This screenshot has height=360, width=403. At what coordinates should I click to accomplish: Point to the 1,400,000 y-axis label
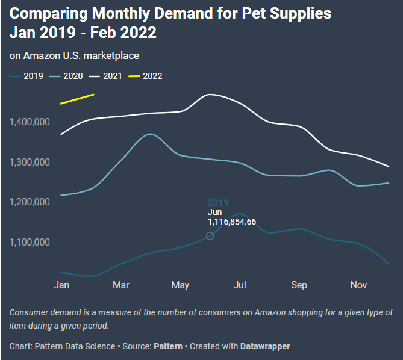pos(30,122)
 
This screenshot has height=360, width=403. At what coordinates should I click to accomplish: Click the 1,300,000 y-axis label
pos(30,162)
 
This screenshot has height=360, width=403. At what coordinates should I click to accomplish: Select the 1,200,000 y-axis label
pos(30,202)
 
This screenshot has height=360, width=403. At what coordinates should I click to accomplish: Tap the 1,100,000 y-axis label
pos(30,242)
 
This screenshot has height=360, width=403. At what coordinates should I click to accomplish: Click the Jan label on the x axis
pos(61,285)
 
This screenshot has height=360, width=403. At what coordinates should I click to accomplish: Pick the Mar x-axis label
pos(121,285)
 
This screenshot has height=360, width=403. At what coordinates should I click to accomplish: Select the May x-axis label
pos(180,285)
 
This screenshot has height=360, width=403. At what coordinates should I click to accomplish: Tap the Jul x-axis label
pos(240,285)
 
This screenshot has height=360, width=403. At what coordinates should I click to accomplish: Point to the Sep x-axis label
pos(299,285)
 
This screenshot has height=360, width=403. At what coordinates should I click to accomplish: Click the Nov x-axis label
pos(359,285)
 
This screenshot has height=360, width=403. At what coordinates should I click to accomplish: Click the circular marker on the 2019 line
pos(210,235)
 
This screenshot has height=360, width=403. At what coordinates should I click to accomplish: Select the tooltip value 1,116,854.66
pos(232,222)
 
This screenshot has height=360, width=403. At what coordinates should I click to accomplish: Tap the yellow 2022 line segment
pos(77,99)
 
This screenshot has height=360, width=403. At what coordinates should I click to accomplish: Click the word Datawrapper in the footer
pos(264,346)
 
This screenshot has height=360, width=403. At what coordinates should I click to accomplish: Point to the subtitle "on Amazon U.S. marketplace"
pos(74,55)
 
